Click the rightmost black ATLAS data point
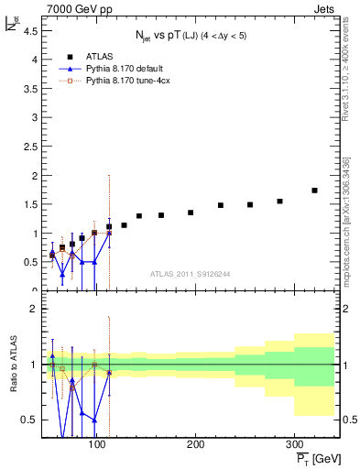click(314, 191)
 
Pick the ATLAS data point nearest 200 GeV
click(191, 213)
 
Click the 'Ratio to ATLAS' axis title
click(13, 365)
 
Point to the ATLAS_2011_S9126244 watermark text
click(190, 273)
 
